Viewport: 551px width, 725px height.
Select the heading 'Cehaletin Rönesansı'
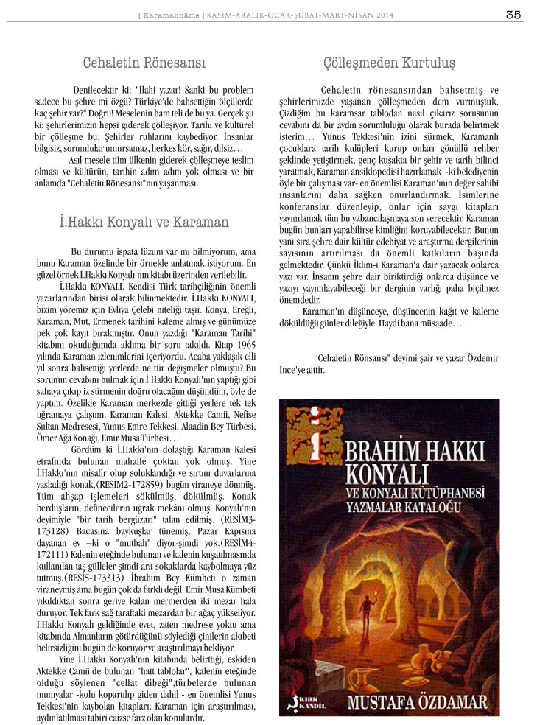click(x=144, y=63)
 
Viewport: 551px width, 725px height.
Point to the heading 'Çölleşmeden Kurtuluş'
click(x=389, y=63)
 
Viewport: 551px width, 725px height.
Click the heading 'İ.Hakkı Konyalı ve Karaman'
click(x=144, y=222)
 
